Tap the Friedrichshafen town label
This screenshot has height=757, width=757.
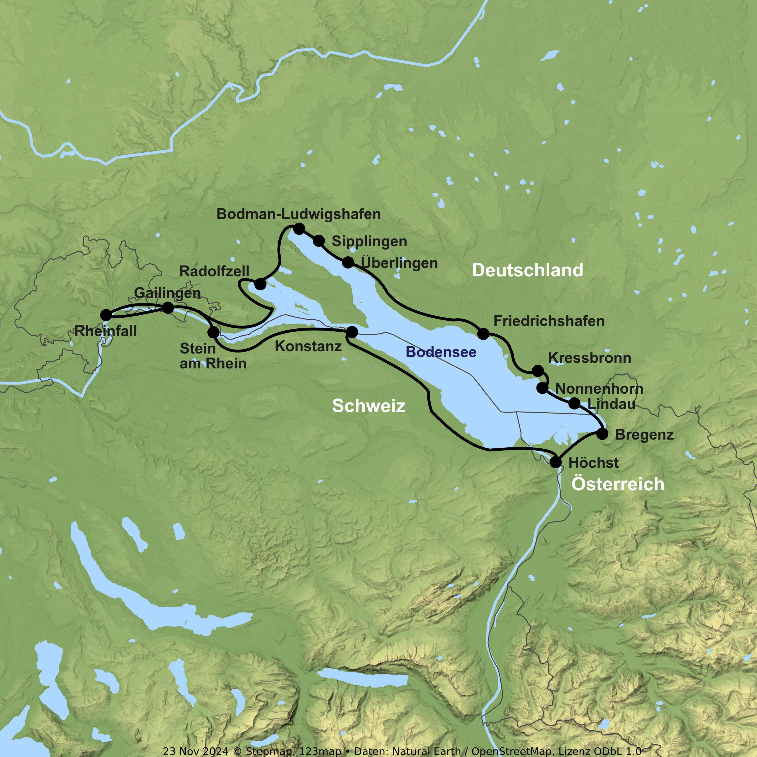(549, 321)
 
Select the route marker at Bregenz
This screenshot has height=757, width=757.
(602, 434)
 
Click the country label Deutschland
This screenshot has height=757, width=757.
(527, 270)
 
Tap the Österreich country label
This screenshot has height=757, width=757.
(617, 484)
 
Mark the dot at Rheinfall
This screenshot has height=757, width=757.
(106, 315)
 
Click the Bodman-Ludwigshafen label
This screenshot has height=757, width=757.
(299, 214)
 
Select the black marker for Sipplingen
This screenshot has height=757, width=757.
(318, 240)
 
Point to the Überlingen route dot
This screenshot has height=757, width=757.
(347, 262)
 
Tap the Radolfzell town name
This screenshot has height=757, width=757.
(214, 271)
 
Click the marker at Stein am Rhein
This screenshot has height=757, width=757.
(213, 333)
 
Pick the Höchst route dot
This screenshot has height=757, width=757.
(555, 462)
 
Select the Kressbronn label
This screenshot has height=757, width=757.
(589, 358)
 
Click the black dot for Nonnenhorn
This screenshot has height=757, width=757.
(542, 388)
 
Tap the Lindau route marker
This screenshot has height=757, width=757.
(574, 403)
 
